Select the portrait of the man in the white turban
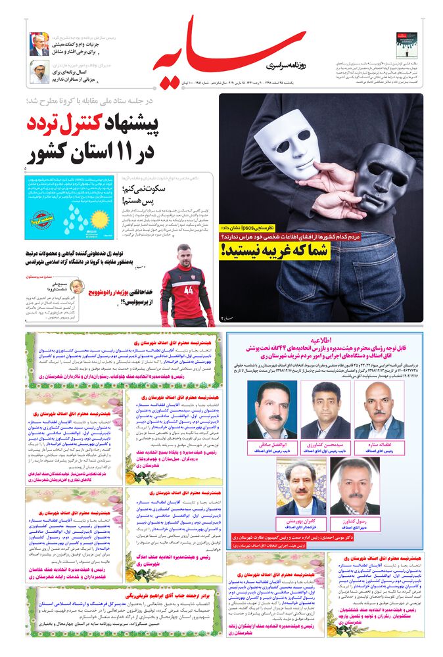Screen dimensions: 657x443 39,72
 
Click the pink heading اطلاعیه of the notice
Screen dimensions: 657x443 326,342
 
